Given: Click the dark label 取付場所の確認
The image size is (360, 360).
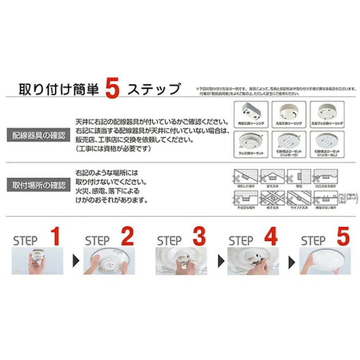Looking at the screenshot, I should tap(39, 185).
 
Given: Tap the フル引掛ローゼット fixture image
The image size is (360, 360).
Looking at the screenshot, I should tap(250, 143).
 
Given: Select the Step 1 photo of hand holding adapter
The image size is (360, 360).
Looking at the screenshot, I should tap(37, 262).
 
